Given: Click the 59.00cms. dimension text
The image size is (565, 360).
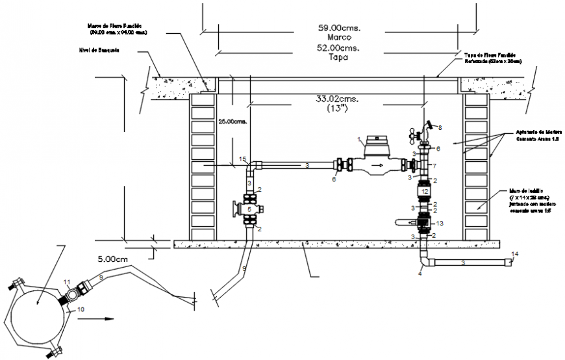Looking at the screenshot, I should click(339, 29).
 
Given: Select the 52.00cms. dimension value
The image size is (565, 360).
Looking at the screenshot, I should click(339, 48).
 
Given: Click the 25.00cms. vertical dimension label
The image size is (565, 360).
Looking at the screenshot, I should click(232, 120).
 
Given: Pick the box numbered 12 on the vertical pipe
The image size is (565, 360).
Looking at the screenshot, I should click(423, 192).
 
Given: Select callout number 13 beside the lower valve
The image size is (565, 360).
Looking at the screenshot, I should click(440, 223).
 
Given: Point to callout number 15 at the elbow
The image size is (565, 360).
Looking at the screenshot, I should click(242, 159).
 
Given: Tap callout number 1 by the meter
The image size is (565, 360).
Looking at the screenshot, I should click(358, 139).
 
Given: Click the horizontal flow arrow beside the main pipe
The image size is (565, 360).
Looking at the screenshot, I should click(104, 318).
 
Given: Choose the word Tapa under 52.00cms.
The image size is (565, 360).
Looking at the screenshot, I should click(339, 57).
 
